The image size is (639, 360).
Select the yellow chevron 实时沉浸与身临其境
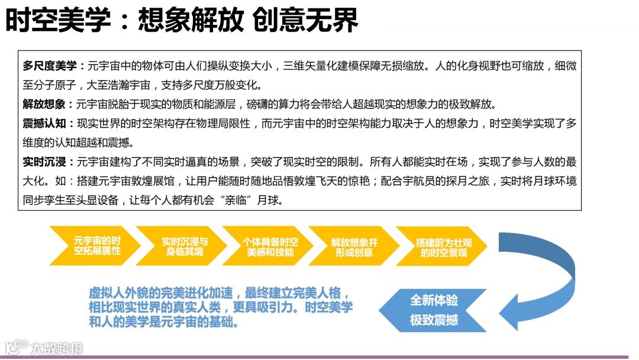click(183, 246)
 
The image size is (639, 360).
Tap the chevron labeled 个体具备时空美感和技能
click(270, 246)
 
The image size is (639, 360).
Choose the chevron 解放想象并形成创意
click(355, 246)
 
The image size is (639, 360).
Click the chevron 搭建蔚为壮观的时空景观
click(443, 246)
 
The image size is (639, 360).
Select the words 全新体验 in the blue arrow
click(434, 300)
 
